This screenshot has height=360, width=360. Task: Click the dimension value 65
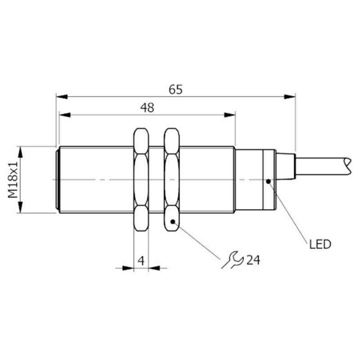coord(175,90)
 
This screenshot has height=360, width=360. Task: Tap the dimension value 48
coord(148,108)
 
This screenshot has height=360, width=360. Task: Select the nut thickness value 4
coord(141,261)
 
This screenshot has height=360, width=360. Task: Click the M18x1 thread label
coord(13,180)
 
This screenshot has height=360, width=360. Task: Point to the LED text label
coord(320,244)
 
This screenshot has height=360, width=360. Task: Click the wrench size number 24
coord(253,260)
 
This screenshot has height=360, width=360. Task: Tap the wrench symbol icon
coord(232,260)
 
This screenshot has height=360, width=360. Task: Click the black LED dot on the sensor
coord(268,181)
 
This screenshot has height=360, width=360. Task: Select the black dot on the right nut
coord(173,221)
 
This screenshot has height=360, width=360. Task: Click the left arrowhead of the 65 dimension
coord(62,97)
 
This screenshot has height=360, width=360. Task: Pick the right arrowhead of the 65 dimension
coord(289,97)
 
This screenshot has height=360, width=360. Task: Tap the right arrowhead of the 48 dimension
coord(229,115)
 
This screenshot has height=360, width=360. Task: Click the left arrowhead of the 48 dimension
coord(65,115)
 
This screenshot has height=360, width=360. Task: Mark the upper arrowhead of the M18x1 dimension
coord(21,152)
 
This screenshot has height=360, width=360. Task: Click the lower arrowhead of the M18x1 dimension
coord(21,207)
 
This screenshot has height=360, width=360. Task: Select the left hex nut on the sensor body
coord(141,180)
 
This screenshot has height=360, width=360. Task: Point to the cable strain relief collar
coord(285,166)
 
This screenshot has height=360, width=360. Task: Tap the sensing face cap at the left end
coord(58,180)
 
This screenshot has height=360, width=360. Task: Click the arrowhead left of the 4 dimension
coord(128,268)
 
